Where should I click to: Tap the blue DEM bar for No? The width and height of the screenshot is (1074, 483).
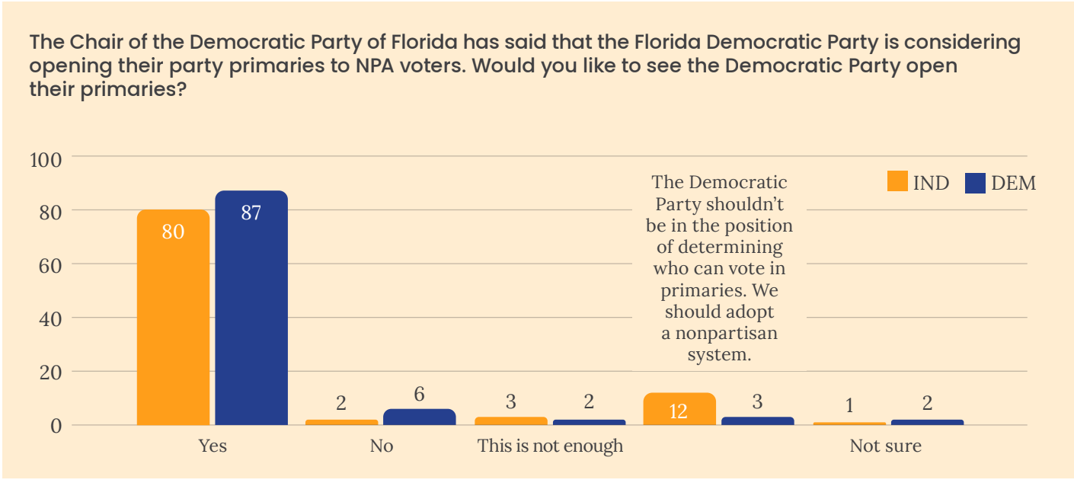pos(420,417)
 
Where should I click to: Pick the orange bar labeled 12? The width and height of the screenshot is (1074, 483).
pos(679,409)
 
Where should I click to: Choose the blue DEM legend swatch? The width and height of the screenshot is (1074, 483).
pos(975,183)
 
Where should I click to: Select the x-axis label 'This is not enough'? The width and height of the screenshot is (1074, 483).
pos(550,446)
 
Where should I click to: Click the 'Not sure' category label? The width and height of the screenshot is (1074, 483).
pos(885,446)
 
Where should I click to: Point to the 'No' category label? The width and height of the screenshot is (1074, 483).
pos(382,446)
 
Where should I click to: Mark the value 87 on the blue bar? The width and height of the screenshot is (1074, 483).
pos(251,213)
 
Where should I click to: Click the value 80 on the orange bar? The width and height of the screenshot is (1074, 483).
pos(173,232)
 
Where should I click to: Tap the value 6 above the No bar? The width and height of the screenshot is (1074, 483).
pos(420,395)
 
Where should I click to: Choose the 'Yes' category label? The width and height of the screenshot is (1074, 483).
pos(213,446)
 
